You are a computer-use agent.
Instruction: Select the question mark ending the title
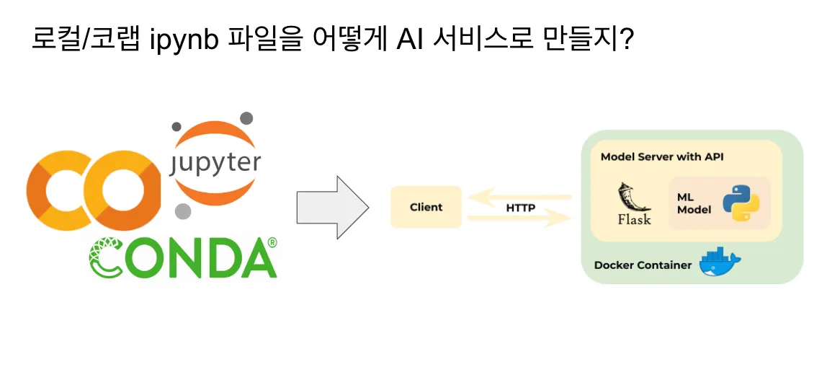tap(626, 37)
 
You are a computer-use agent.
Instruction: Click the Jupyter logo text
tap(215, 162)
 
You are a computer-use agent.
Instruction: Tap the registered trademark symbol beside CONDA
tap(272, 243)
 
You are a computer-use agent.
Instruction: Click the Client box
tap(426, 207)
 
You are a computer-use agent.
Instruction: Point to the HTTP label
tap(520, 208)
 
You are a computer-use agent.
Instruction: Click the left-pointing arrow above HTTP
tap(519, 195)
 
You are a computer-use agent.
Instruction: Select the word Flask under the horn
tap(634, 220)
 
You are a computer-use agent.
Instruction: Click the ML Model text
tap(694, 203)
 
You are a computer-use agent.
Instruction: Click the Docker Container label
tap(643, 265)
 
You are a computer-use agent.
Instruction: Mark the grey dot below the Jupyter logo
tap(183, 211)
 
